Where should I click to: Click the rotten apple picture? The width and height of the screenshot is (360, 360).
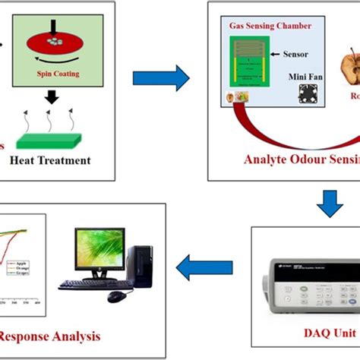pyautogui.click(x=348, y=84)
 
